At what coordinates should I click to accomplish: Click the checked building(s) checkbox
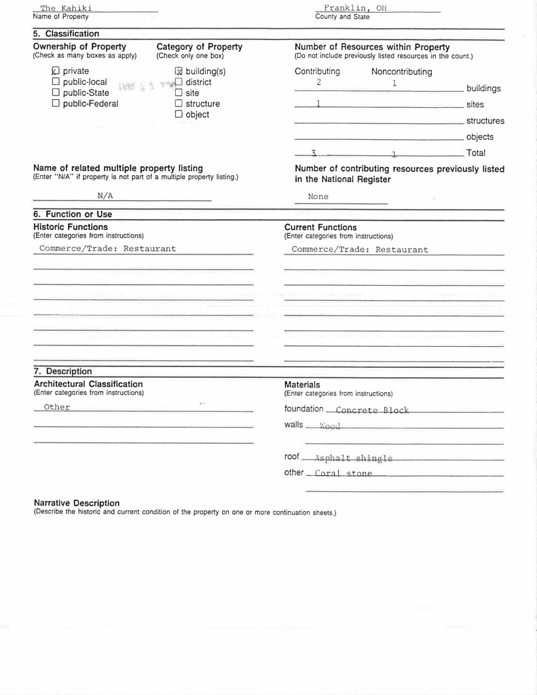[x=179, y=71]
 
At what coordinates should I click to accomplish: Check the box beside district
[x=179, y=82]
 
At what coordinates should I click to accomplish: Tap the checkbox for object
[x=179, y=115]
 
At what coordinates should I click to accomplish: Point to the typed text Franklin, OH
[x=355, y=8]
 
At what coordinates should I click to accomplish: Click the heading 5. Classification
[x=66, y=34]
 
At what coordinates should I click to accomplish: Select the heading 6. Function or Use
[x=73, y=214]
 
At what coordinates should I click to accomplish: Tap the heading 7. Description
[x=62, y=372]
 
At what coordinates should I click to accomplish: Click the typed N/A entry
[x=105, y=195]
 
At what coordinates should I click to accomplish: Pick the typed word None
[x=318, y=197]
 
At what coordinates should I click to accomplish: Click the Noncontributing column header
[x=401, y=72]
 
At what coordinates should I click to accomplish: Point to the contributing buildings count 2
[x=318, y=81]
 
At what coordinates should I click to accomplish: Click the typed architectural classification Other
[x=57, y=407]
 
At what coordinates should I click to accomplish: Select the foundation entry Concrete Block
[x=372, y=410]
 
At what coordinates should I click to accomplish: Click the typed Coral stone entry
[x=343, y=474]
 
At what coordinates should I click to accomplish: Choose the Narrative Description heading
[x=77, y=504]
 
